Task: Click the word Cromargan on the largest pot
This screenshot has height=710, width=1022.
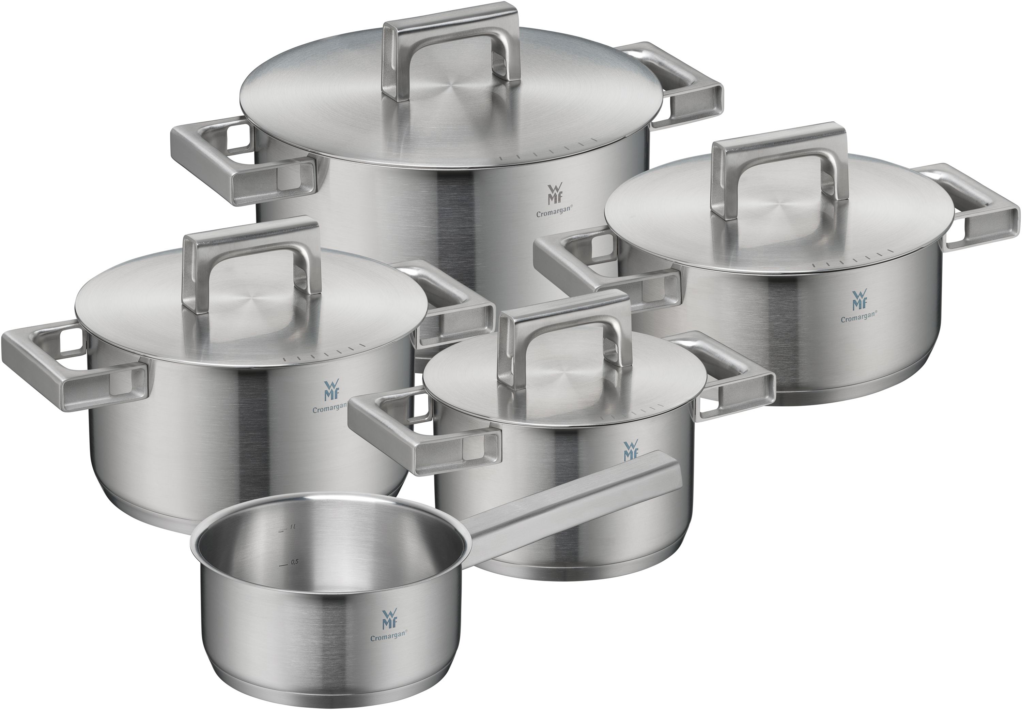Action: (554, 213)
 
